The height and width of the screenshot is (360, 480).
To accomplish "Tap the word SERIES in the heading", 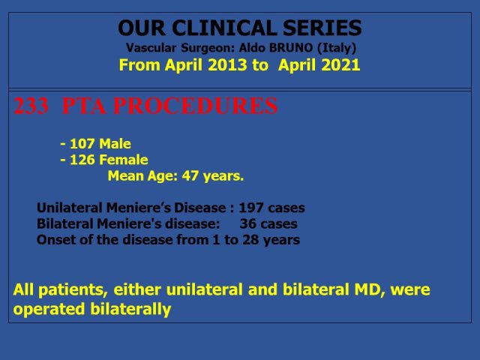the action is click(322, 28).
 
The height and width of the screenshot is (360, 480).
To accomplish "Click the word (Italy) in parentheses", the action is click(337, 48).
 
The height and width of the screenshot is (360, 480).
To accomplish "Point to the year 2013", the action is click(227, 65).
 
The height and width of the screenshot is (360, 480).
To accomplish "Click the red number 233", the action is click(31, 106).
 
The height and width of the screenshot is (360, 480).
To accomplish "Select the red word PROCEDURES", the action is click(196, 106).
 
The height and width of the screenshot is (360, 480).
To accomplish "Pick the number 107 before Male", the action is click(82, 143).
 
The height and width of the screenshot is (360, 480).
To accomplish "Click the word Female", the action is click(124, 160).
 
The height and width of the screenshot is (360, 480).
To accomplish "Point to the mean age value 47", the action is click(190, 176).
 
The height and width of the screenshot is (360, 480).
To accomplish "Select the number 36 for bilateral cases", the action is click(247, 223).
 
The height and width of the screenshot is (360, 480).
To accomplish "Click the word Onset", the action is click(56, 240).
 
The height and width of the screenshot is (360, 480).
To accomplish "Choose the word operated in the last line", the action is click(49, 309).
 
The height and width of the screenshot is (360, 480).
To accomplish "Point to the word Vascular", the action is click(151, 48).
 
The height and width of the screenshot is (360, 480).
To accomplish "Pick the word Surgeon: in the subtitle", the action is click(208, 48).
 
